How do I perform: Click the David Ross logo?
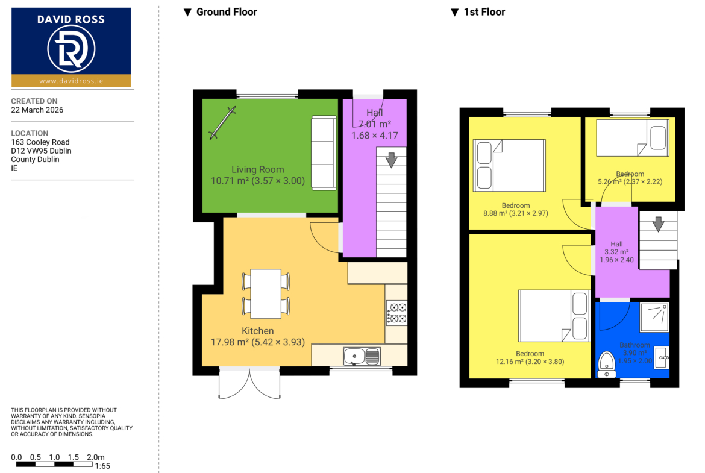click(71, 47)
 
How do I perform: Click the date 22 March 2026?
click(37, 110)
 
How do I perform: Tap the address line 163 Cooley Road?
click(40, 142)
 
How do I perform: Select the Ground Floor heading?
click(221, 12)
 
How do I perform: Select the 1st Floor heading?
click(478, 12)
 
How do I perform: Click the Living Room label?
click(258, 169)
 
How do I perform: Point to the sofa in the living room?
click(324, 153)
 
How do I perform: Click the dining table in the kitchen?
click(266, 293)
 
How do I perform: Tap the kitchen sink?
click(362, 357)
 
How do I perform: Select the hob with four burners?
click(397, 313)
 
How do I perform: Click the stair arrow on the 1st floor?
click(658, 224)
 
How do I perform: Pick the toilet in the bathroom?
click(607, 365)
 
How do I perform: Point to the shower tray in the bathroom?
click(654, 318)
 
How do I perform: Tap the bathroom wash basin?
click(662, 358)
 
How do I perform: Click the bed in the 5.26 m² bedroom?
click(633, 137)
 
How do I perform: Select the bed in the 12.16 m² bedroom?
click(554, 316)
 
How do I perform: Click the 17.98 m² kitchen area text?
click(258, 342)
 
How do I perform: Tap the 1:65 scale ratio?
click(102, 466)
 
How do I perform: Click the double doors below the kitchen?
click(249, 383)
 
